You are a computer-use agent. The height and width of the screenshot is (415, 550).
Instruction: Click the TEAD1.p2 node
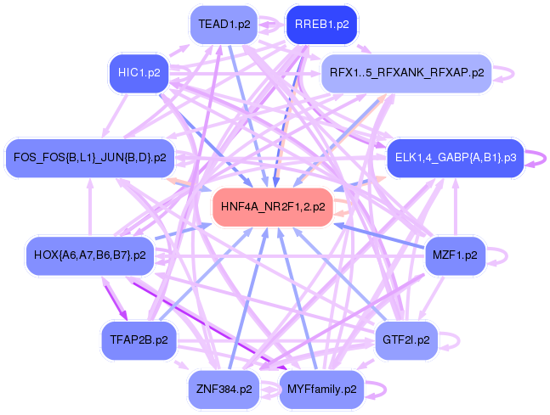point(224,25)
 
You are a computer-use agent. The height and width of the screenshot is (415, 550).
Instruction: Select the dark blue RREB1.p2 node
point(321,25)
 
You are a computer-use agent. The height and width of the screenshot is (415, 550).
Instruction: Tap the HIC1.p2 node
point(139,73)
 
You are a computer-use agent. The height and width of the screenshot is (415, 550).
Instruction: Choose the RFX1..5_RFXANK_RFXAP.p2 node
point(406,73)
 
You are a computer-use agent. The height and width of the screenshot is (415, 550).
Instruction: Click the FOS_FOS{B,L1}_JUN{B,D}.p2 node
point(89,157)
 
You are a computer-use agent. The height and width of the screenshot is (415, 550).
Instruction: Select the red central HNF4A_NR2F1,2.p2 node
point(273,206)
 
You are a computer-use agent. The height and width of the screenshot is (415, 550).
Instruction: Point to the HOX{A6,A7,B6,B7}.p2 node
point(89,255)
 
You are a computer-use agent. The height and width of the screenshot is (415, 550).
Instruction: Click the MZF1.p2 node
point(455,255)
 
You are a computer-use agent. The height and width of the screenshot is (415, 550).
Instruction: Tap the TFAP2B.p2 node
point(139,340)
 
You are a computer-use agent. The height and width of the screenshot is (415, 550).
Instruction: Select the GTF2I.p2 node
point(406,340)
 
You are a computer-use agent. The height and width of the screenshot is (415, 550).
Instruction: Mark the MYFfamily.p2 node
point(321,390)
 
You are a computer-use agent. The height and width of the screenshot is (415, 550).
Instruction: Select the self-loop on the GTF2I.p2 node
point(455,340)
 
